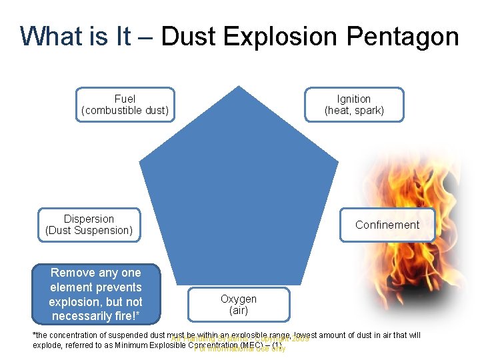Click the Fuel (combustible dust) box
pos(125,105)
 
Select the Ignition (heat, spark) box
pos(354,105)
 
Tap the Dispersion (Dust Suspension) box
pos(89,225)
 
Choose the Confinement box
pos(387,225)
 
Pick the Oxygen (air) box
pos(239,305)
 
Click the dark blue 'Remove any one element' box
pos(96,294)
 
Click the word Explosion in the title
pos(279,36)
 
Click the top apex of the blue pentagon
pos(239,87)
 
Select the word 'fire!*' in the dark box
pos(125,316)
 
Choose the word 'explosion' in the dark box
pos(75,301)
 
